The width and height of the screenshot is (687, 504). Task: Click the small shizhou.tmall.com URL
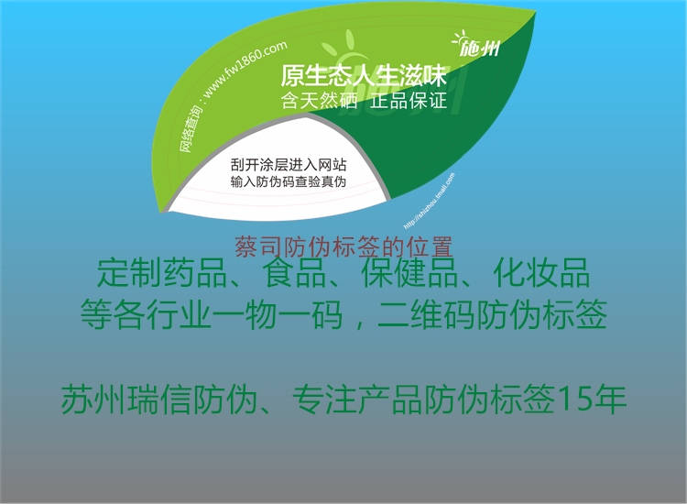pyautogui.click(x=421, y=192)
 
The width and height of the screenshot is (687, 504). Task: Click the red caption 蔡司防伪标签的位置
pyautogui.click(x=343, y=247)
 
